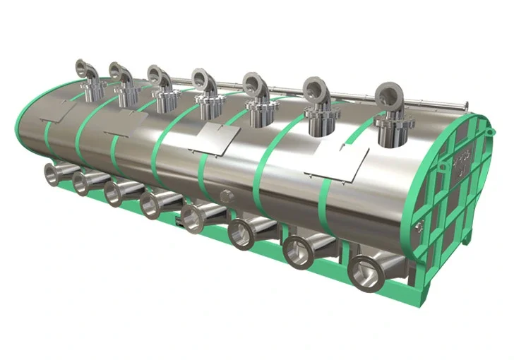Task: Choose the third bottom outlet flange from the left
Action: [115, 193]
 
